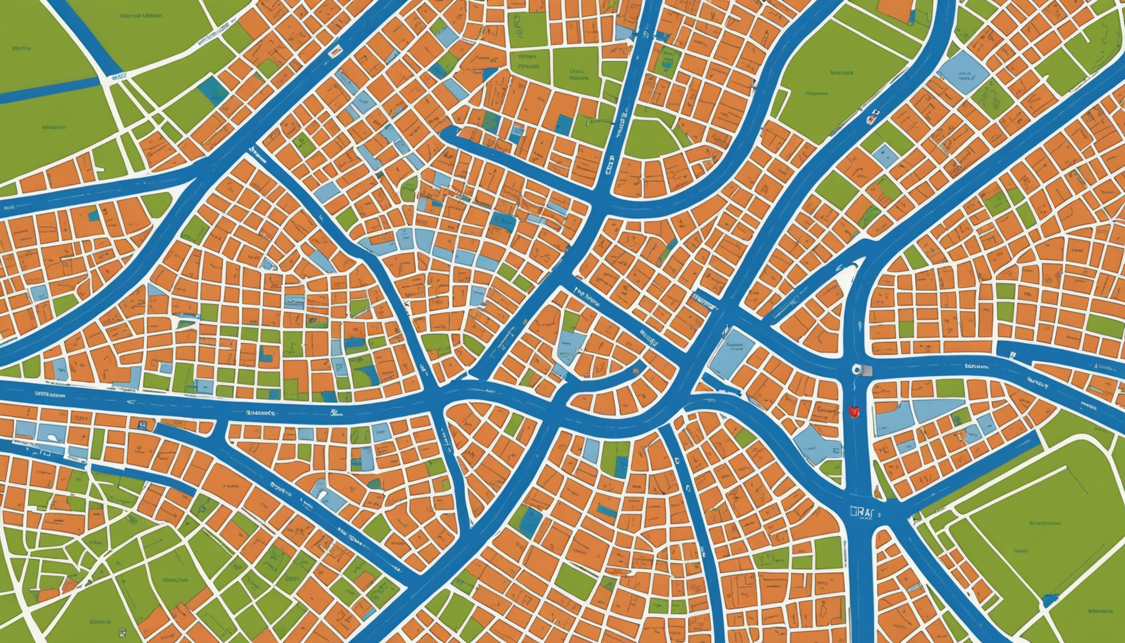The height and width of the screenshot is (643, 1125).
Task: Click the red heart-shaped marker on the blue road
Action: click(852, 412)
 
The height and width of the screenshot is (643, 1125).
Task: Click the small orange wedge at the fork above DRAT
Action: click(878, 493)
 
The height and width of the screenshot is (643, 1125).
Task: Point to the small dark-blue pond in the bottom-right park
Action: click(1049, 599)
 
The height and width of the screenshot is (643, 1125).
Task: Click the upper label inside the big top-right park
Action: click(842, 73)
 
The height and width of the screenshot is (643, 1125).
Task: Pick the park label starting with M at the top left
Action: click(141, 16)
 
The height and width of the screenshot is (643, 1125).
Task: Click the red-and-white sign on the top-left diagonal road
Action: click(335, 52)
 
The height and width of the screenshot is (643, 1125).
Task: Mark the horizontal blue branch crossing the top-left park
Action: click(50, 91)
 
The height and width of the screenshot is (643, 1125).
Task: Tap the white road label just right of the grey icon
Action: click(977, 367)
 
